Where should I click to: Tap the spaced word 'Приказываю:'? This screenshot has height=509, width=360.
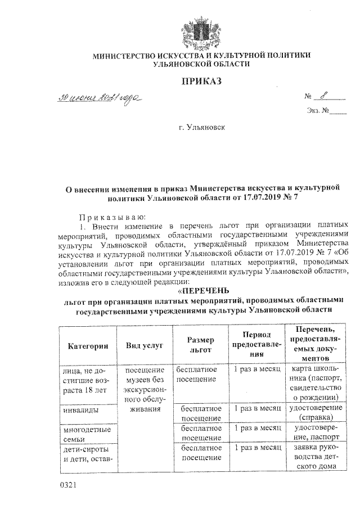pos(104,217)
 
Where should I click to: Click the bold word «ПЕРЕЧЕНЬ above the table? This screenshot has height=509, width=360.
pos(201,291)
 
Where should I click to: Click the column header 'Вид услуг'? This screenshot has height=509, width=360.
pos(145,345)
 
